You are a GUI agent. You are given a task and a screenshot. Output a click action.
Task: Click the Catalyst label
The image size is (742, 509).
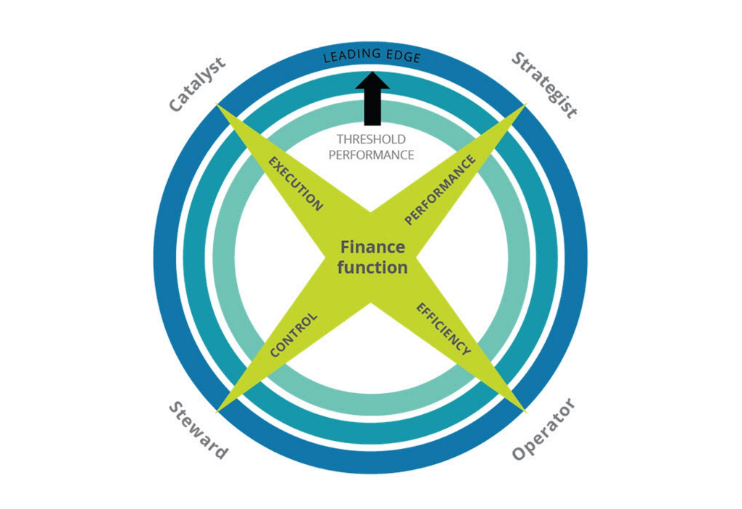coord(197,85)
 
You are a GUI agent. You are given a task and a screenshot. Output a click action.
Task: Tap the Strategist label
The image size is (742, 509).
coord(544,85)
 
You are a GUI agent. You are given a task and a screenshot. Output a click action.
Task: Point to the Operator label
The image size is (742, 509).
coord(543,429)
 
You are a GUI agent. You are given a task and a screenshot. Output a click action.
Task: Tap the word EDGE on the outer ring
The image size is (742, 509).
coord(401,56)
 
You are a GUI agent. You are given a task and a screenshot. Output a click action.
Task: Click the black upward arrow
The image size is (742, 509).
coord(372,98)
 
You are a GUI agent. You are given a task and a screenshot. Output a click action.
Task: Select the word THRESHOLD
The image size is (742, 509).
coord(371,139)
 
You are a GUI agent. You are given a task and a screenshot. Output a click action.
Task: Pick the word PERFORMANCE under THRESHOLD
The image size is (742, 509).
coord(371,155)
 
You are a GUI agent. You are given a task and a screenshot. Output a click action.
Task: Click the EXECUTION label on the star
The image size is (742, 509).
coord(296,183)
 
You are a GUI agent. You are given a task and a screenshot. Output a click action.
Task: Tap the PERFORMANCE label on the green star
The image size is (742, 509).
coord(440,190)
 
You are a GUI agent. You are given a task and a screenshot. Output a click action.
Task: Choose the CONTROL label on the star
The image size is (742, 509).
coord(293,335)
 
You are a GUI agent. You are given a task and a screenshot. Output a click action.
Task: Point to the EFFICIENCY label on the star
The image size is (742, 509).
coord(443,329)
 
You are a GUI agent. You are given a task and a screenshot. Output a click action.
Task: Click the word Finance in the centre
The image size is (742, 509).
coord(373,247)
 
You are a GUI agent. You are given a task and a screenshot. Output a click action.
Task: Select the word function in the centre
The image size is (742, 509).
coord(372,267)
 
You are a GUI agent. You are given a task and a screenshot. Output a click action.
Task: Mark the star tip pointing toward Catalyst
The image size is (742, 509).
coord(217,104)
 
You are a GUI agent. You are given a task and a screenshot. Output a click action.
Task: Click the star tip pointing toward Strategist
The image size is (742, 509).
coord(526,104)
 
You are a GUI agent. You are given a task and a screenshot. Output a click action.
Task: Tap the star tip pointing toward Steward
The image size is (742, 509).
coord(217,412)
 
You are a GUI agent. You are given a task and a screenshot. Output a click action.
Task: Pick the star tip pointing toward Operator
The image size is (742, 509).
coord(526,411)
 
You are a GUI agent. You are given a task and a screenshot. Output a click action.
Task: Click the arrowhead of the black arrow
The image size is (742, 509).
coord(372,80)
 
